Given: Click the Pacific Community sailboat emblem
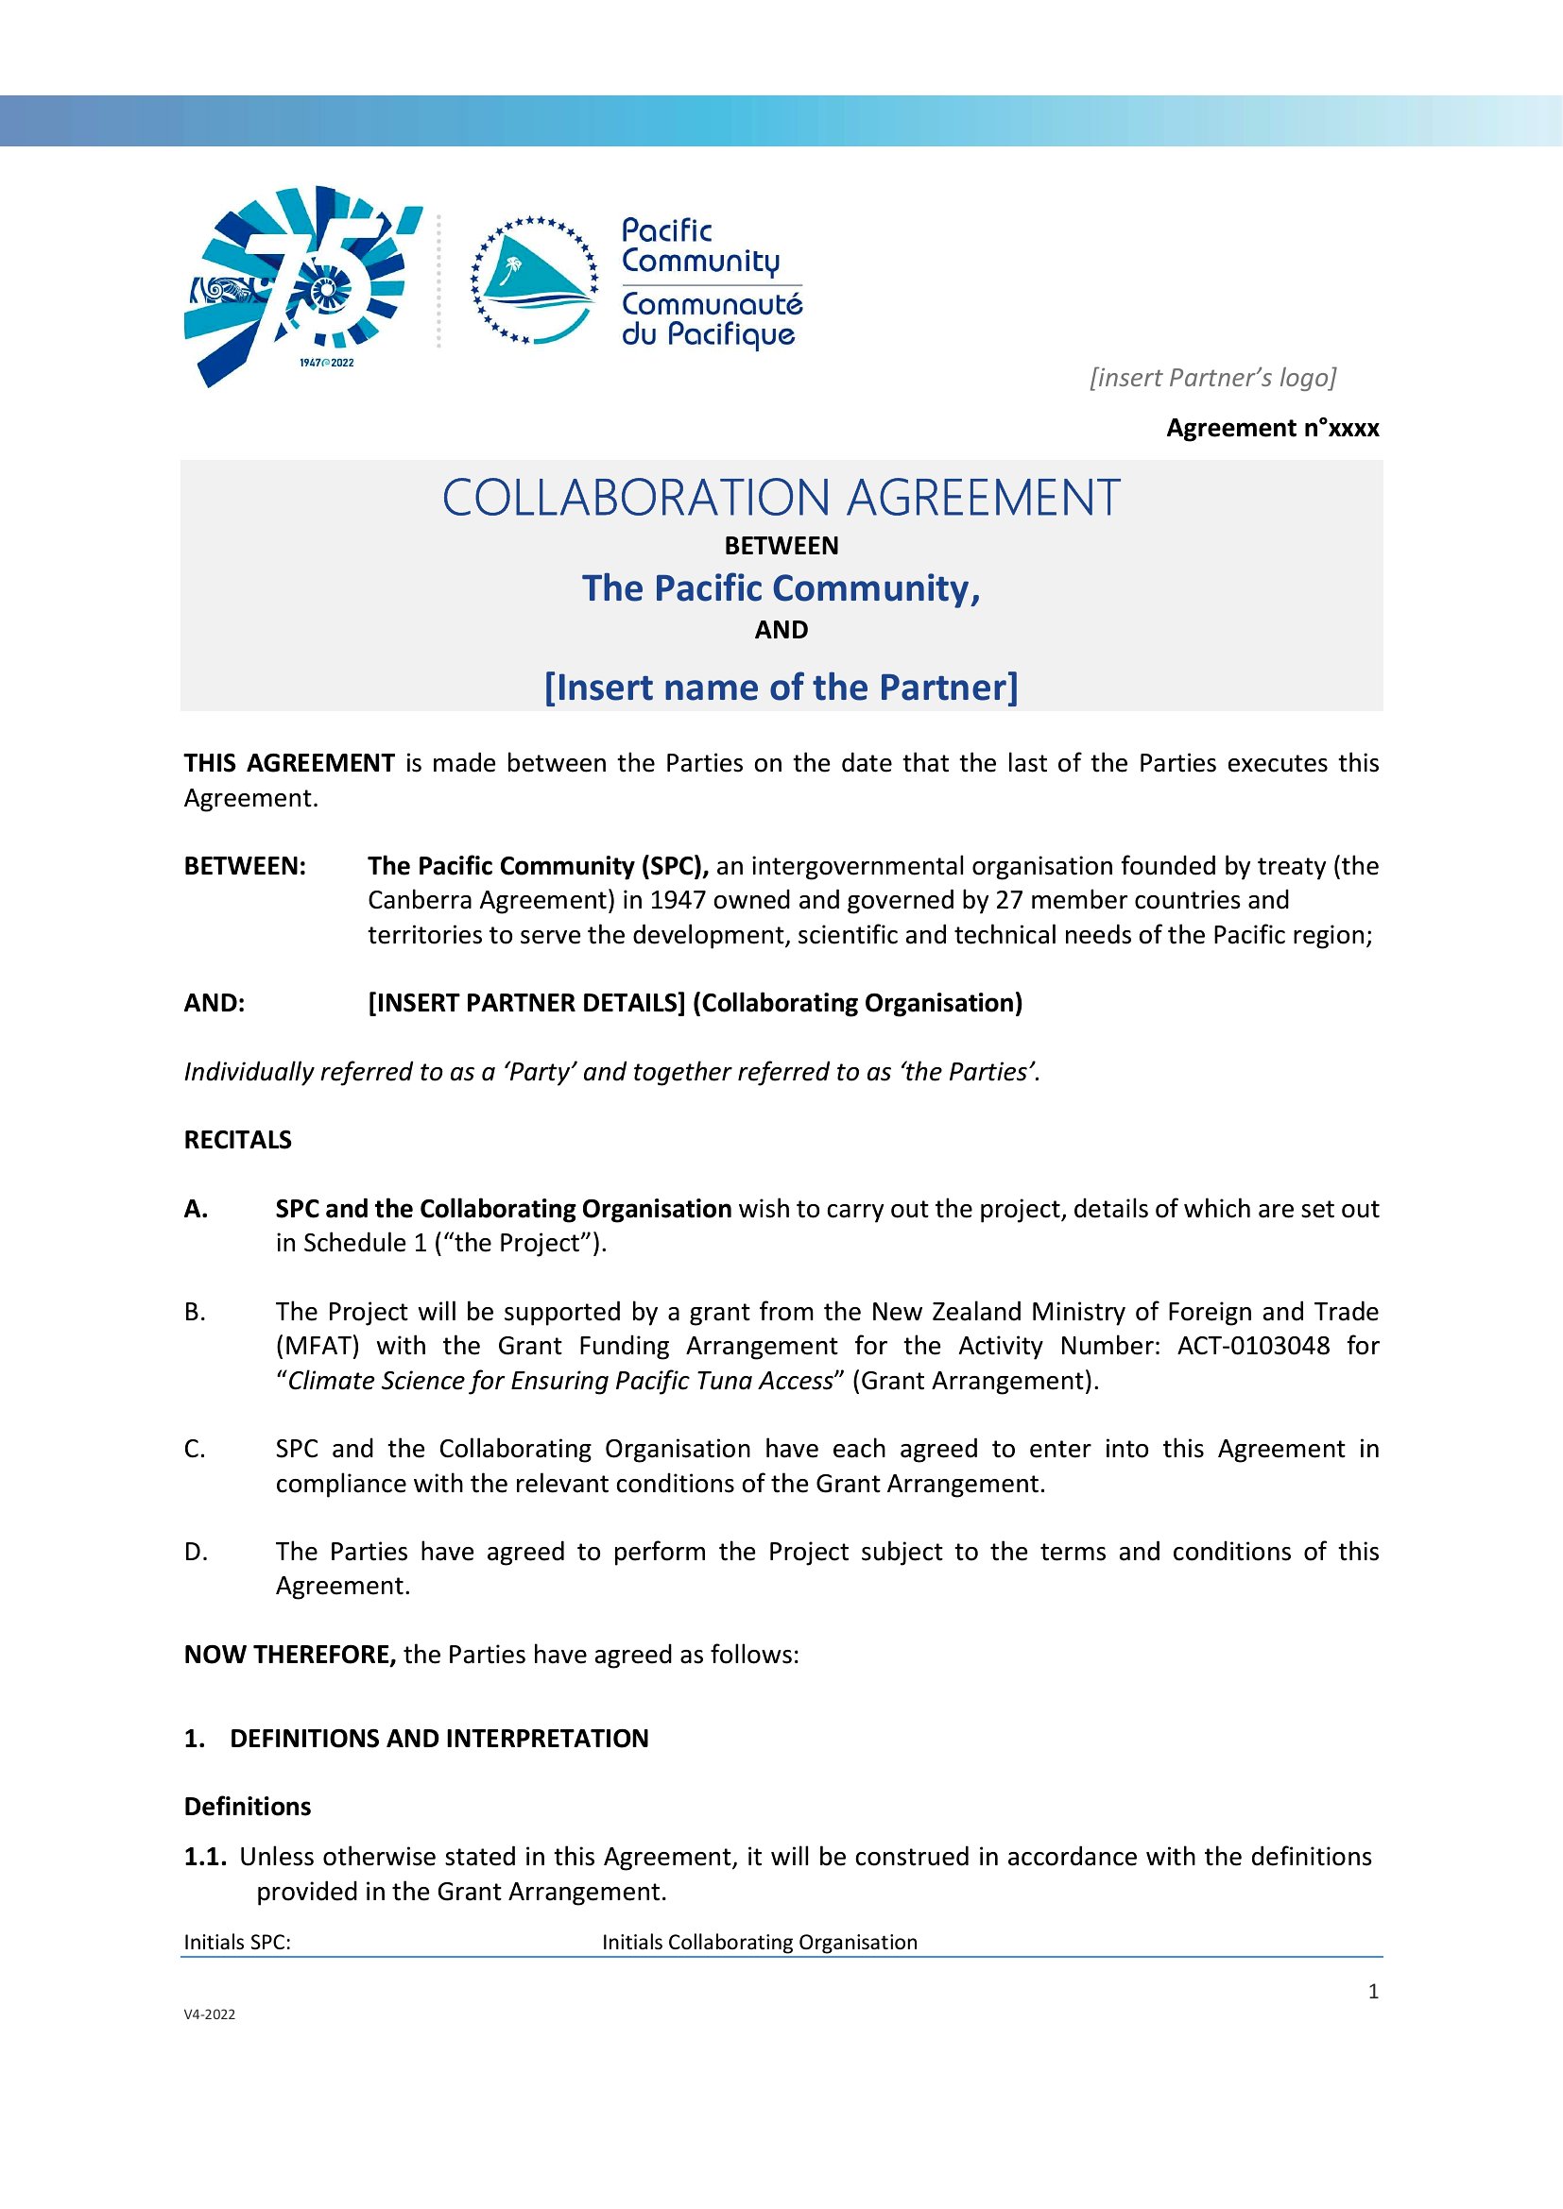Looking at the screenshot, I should click(x=534, y=280).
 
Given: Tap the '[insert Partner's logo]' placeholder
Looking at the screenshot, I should click(x=1212, y=377).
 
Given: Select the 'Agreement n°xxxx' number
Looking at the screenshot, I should click(x=1272, y=428).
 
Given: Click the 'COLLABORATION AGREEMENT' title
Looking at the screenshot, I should click(x=781, y=499).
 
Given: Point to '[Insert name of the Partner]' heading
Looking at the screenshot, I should click(x=781, y=687).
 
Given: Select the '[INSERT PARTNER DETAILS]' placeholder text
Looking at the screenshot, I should click(x=526, y=1003).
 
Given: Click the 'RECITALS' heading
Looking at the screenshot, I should click(x=238, y=1140).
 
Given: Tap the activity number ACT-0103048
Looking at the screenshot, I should click(x=1253, y=1345).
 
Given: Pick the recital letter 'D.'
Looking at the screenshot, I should click(x=196, y=1552).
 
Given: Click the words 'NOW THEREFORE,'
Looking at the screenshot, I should click(x=290, y=1655).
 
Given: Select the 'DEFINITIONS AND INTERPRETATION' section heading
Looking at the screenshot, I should click(x=438, y=1739).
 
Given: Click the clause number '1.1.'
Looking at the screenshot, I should click(x=205, y=1857).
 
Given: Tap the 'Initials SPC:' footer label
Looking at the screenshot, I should click(x=237, y=1943).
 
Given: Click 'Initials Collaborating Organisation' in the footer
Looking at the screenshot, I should click(x=760, y=1943).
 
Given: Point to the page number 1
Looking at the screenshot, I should click(x=1373, y=1992).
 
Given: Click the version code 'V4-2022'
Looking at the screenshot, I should click(x=209, y=2014).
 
